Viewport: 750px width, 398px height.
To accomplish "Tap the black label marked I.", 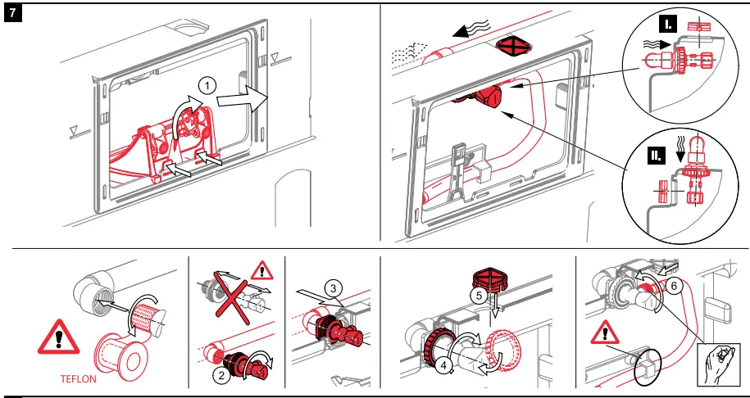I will click(670, 25).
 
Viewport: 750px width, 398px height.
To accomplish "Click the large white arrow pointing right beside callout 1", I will click(246, 102).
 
